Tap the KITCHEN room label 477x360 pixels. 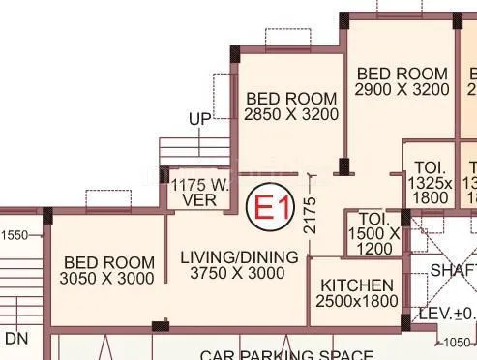pos(357,285)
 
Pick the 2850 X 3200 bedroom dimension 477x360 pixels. pos(291,114)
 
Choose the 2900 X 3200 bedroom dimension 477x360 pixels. pos(402,89)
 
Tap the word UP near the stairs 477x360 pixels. pos(199,118)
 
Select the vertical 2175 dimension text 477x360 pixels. pos(310,216)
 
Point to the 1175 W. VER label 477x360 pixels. pos(198,192)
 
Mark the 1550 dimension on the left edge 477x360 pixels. pos(15,235)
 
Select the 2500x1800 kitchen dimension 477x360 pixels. pos(357,302)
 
